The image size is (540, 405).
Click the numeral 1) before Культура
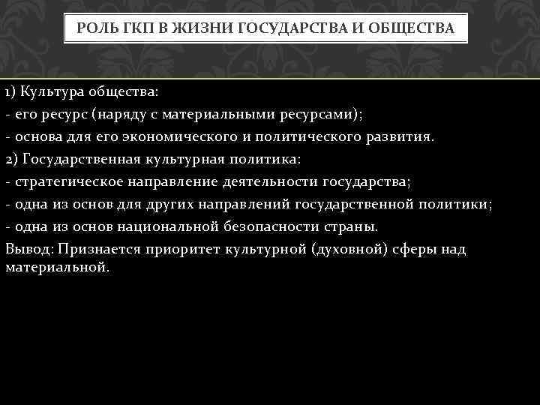point(10,92)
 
